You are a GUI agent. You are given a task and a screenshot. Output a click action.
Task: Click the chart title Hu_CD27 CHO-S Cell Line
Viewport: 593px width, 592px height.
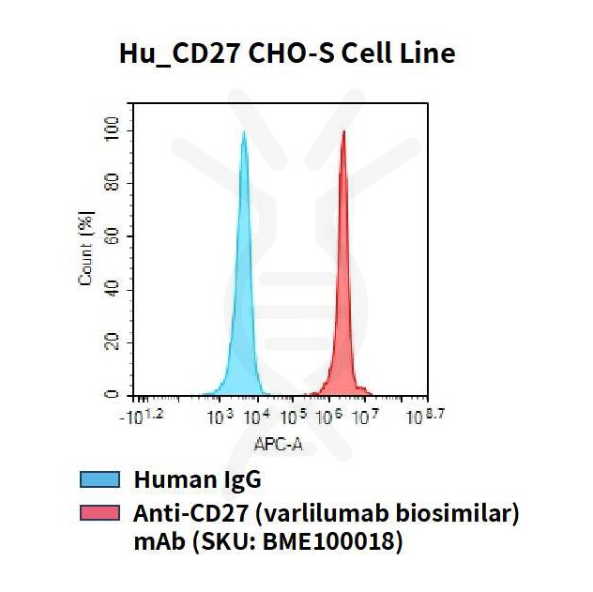tap(287, 53)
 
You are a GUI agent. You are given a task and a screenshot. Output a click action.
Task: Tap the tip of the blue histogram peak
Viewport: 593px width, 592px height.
tap(244, 131)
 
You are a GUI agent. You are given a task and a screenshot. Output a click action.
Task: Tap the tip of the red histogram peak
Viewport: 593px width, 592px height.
tap(343, 131)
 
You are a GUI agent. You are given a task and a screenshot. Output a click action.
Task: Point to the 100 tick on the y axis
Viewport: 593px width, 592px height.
tap(114, 129)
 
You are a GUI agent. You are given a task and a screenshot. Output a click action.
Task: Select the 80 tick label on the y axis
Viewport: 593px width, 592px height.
tap(114, 182)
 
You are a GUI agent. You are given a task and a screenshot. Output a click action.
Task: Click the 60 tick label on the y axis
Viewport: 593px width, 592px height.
tap(114, 235)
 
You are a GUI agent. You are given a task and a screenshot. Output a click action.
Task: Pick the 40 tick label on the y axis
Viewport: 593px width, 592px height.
tap(114, 288)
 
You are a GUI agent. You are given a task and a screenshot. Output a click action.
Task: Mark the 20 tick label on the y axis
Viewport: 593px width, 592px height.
tap(114, 342)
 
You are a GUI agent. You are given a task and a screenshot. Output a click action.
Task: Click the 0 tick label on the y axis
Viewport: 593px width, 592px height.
tap(114, 395)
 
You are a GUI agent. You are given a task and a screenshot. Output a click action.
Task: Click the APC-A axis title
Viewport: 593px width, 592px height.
tap(279, 444)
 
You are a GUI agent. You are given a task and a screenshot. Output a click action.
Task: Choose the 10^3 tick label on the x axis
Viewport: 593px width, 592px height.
tap(219, 417)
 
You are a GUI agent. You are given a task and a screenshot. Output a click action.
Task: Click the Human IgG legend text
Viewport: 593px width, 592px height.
tap(197, 480)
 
